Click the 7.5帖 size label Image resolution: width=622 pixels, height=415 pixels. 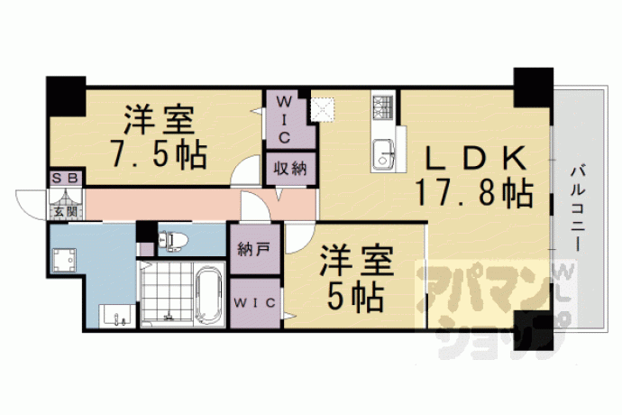(x=159, y=154)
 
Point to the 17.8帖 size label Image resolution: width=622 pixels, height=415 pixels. (x=473, y=193)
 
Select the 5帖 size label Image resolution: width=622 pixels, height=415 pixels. (x=355, y=297)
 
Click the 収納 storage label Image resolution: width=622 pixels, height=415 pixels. (x=291, y=169)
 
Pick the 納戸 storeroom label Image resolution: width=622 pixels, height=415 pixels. (x=254, y=249)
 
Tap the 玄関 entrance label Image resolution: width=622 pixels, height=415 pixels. (x=66, y=212)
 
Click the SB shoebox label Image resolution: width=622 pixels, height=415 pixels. (x=66, y=179)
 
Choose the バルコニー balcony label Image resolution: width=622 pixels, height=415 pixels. (x=578, y=209)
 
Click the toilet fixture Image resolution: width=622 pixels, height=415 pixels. (x=173, y=241)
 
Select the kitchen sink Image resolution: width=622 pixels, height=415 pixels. (x=383, y=154)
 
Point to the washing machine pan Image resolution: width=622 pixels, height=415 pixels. (x=64, y=261)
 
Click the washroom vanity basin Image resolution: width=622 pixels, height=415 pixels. (x=116, y=316)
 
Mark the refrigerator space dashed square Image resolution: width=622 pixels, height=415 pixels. (x=323, y=109)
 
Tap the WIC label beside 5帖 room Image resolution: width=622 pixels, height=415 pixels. (x=254, y=303)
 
